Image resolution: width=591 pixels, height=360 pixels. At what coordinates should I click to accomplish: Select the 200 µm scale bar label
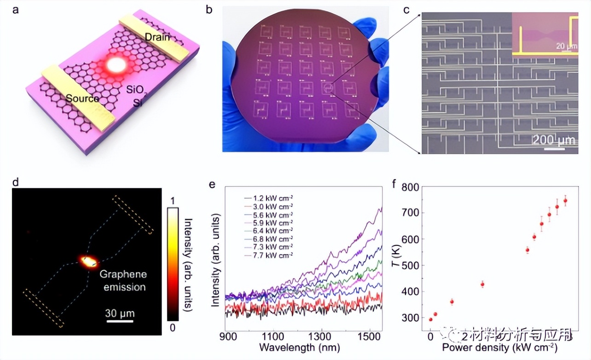click(x=554, y=140)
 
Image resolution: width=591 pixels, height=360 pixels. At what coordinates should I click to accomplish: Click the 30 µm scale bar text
click(x=120, y=314)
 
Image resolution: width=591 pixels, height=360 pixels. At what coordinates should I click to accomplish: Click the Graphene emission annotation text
click(x=123, y=281)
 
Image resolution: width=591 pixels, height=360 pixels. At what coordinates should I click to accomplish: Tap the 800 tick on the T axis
click(x=412, y=187)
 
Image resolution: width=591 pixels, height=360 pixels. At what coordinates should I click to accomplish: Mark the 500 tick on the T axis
click(x=412, y=265)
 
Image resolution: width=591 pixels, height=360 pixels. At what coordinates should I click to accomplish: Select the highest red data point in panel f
click(x=565, y=200)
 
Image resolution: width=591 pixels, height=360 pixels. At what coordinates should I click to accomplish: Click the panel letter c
click(x=406, y=10)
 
